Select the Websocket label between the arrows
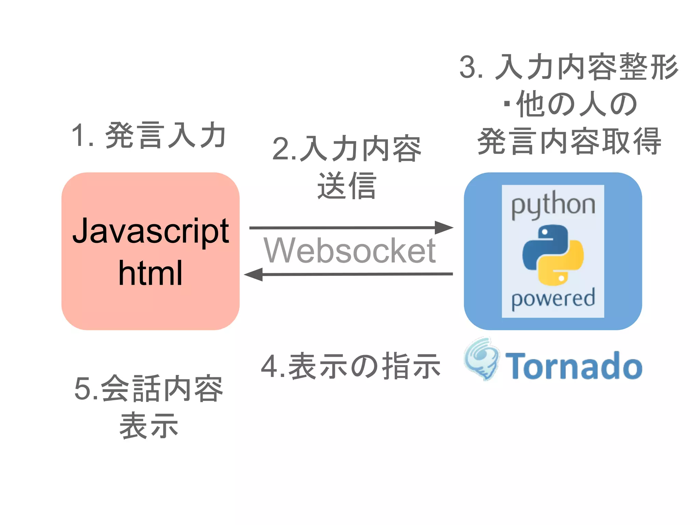[x=349, y=251]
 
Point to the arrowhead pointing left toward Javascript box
[x=254, y=274]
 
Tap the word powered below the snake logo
[x=553, y=298]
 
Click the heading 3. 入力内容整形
[x=569, y=67]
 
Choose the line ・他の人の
[x=569, y=104]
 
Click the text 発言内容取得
[x=569, y=141]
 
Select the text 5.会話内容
[x=149, y=389]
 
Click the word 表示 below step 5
[x=149, y=426]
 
